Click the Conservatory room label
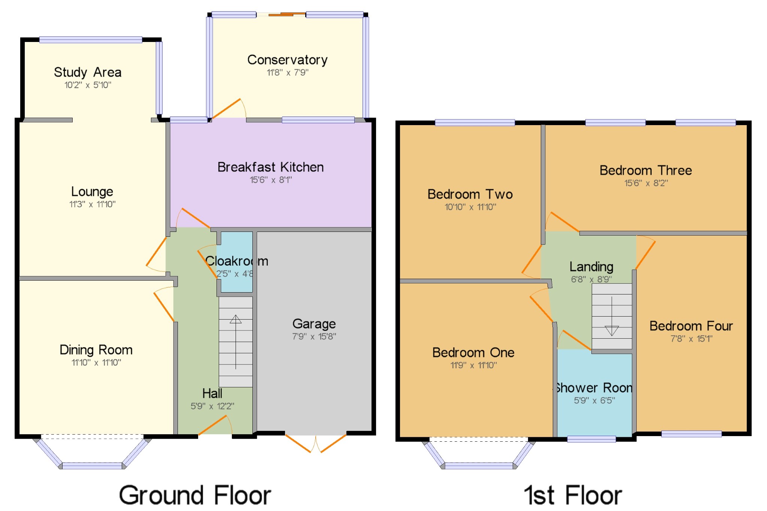pyautogui.click(x=287, y=60)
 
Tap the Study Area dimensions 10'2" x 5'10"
pyautogui.click(x=88, y=85)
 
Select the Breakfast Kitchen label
pyautogui.click(x=270, y=167)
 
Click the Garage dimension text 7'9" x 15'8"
pyautogui.click(x=314, y=336)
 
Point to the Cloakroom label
pyautogui.click(x=236, y=261)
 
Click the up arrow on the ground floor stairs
pyautogui.click(x=236, y=319)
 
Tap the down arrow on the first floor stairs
pyautogui.click(x=612, y=331)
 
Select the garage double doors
pyautogui.click(x=316, y=444)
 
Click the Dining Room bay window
pyautogui.click(x=92, y=465)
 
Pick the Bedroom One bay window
pyautogui.click(x=479, y=465)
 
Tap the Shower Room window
pyautogui.click(x=591, y=439)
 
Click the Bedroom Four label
pyautogui.click(x=691, y=326)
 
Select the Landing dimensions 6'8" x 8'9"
pyautogui.click(x=591, y=279)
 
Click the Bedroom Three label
pyautogui.click(x=645, y=170)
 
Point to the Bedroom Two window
pyautogui.click(x=475, y=123)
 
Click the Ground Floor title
pyautogui.click(x=195, y=495)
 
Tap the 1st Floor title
pyautogui.click(x=573, y=495)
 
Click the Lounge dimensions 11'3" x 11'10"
pyautogui.click(x=92, y=204)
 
